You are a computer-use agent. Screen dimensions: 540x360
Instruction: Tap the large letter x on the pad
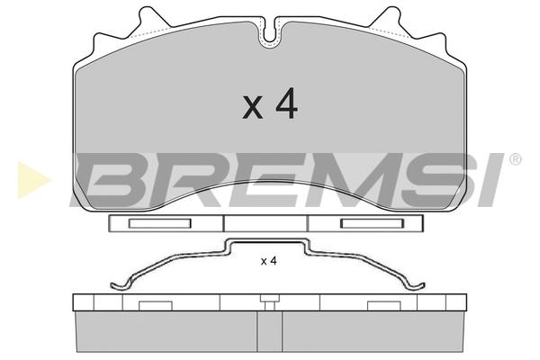coord(253,108)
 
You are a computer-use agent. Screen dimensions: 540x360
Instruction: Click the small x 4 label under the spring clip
coord(268,261)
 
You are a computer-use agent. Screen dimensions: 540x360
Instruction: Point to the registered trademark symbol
coord(515,159)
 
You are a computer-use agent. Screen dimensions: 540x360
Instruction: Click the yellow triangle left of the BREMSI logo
coord(33,180)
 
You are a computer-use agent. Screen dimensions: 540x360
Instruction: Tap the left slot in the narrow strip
coord(160,223)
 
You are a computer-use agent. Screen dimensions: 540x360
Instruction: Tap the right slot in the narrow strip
coord(372,223)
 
